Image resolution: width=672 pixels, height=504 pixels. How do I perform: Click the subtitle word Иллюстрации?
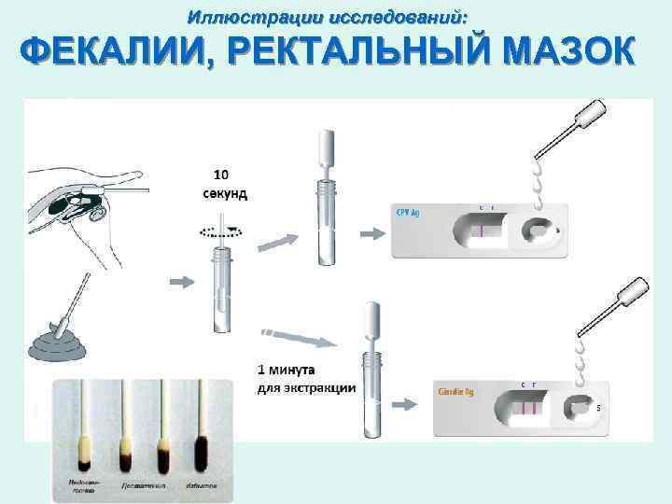coord(245,16)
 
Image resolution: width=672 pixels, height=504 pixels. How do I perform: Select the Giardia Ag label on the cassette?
coord(455,392)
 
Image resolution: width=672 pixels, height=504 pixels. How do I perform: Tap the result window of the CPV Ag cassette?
coord(481,230)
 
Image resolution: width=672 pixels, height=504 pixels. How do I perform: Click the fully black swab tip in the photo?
coord(200,455)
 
